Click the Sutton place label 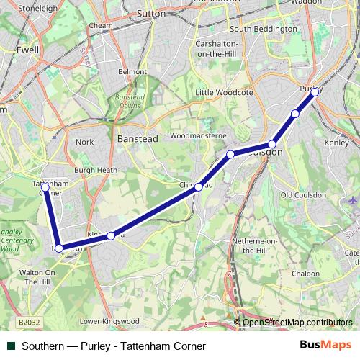point(150,13)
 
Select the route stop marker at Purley point(315,92)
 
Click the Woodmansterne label point(198,135)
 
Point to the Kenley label point(337,143)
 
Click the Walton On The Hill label point(36,277)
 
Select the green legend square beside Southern point(11,346)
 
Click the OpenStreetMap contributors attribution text point(297,323)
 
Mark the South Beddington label point(264,29)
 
